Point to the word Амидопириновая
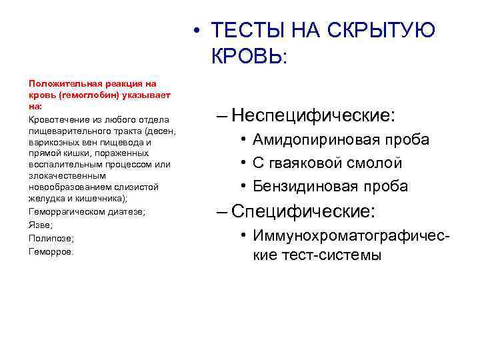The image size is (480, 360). [317, 139]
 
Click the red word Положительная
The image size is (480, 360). [61, 84]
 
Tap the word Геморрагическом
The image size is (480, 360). [64, 211]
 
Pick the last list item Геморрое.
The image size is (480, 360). [51, 251]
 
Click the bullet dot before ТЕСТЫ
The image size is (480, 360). [194, 31]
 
